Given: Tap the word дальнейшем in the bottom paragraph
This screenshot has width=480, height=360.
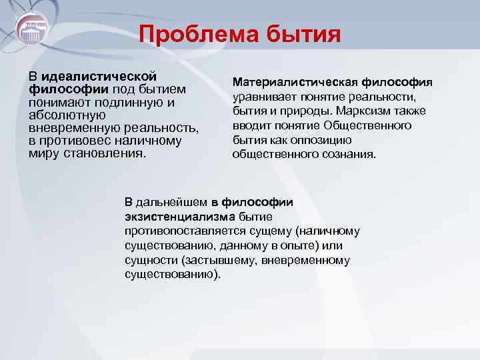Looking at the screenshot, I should (173, 202).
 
